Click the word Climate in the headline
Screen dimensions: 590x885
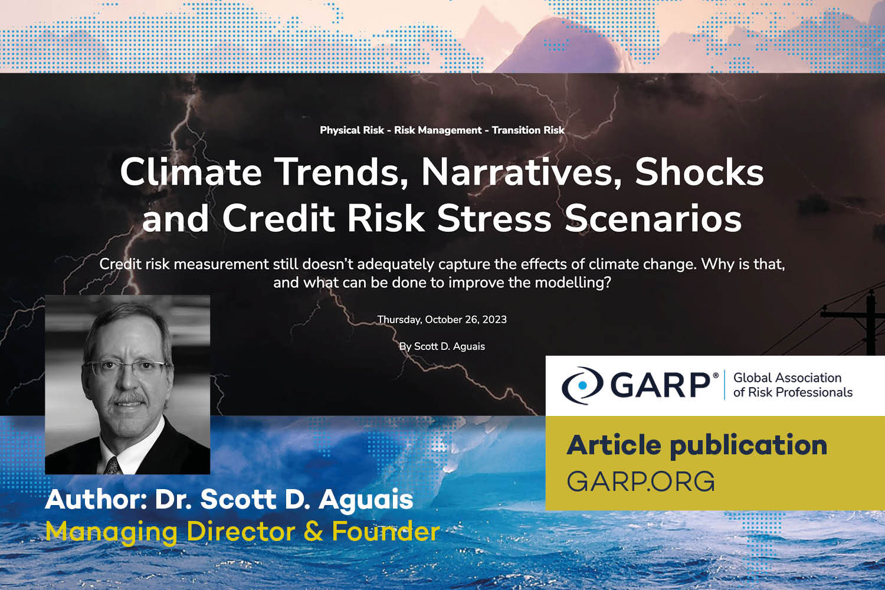pyautogui.click(x=191, y=172)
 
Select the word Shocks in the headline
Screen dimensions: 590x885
pyautogui.click(x=699, y=172)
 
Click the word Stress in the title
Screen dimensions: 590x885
pyautogui.click(x=494, y=218)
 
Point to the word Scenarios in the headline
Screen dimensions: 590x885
pyautogui.click(x=653, y=218)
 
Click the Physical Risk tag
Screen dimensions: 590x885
pyautogui.click(x=352, y=130)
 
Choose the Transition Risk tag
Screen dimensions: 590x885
pyautogui.click(x=528, y=130)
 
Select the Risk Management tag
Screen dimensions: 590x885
pyautogui.click(x=438, y=130)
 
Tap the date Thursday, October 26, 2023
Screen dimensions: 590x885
pyautogui.click(x=442, y=319)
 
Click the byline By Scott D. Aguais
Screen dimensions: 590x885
pyautogui.click(x=442, y=346)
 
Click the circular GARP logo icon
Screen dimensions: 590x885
pyautogui.click(x=582, y=385)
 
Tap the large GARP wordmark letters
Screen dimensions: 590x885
pyautogui.click(x=661, y=385)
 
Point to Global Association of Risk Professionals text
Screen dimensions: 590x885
pyautogui.click(x=792, y=385)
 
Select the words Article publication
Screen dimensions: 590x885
pyautogui.click(x=697, y=445)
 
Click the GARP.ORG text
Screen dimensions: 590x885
pyautogui.click(x=641, y=481)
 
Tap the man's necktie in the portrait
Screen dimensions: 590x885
pyautogui.click(x=113, y=466)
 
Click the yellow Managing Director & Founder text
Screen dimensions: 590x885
pyautogui.click(x=242, y=531)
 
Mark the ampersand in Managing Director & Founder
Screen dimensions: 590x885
pyautogui.click(x=313, y=531)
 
